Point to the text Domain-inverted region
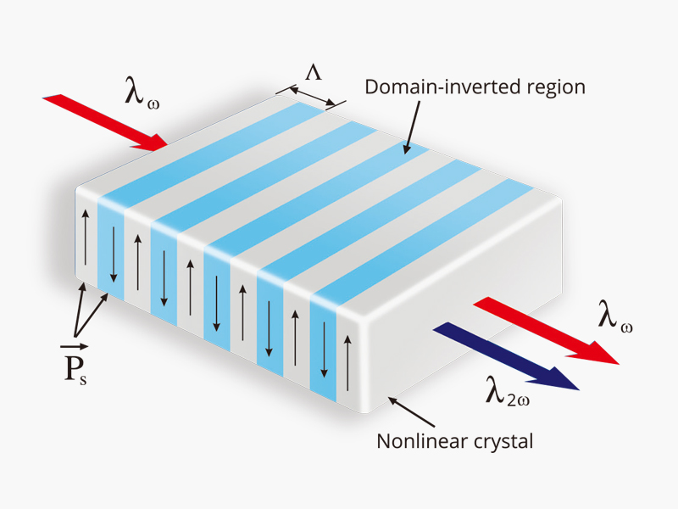[x=475, y=87]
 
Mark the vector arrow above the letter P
[x=75, y=347]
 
